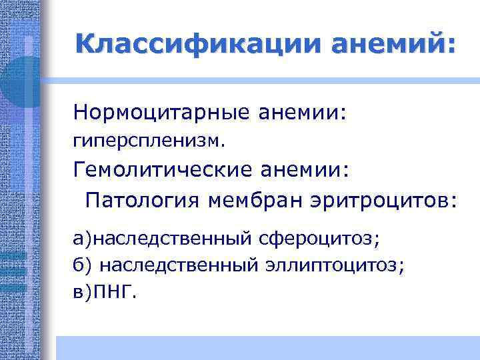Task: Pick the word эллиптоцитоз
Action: pyautogui.click(x=343, y=265)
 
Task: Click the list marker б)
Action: pyautogui.click(x=83, y=265)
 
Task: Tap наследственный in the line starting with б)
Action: pyautogui.click(x=179, y=265)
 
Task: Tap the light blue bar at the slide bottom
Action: pyautogui.click(x=267, y=347)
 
